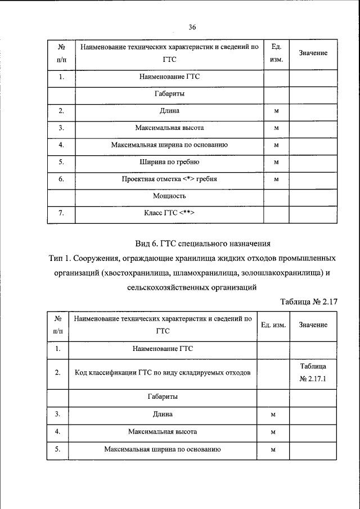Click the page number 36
(192, 27)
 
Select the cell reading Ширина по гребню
(169, 163)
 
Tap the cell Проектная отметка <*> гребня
(169, 179)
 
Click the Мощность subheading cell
(169, 196)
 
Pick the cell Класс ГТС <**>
(169, 213)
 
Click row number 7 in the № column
(61, 213)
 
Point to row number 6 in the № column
(61, 179)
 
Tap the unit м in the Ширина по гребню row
(277, 163)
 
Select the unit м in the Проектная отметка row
(277, 179)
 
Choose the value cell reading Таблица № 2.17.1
(313, 372)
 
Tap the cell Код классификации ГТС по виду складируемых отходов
(163, 372)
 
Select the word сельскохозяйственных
(168, 288)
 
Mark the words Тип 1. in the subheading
(61, 259)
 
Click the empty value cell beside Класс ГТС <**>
(313, 213)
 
